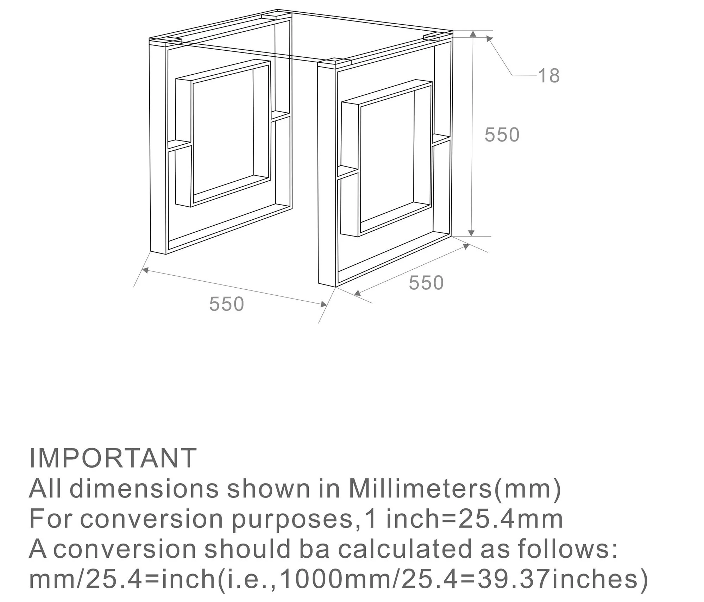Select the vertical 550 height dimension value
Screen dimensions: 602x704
(502, 135)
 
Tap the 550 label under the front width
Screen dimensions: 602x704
(226, 304)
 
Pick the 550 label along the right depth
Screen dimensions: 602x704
(426, 283)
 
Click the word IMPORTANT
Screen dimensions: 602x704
(113, 458)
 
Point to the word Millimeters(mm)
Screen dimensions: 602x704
(454, 489)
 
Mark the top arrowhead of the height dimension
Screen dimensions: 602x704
(473, 34)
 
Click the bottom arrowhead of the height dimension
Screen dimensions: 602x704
(472, 233)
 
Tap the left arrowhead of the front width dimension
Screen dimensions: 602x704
(145, 270)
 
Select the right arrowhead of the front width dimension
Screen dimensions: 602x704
(323, 305)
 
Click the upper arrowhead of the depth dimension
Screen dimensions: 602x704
(466, 246)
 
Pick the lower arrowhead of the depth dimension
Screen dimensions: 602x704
(357, 293)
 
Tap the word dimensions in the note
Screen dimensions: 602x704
(144, 489)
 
